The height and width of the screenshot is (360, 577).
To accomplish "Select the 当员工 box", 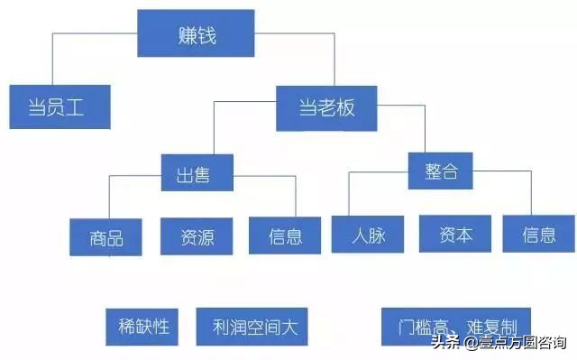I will point(59,107).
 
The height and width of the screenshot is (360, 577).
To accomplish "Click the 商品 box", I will point(106,237).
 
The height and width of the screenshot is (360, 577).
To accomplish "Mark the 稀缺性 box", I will point(143,326).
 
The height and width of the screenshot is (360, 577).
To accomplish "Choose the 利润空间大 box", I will point(252,326).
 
